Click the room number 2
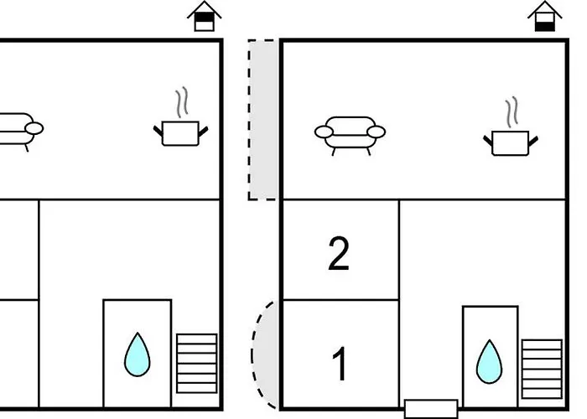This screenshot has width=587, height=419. (x=339, y=253)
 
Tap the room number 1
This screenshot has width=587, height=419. (x=340, y=364)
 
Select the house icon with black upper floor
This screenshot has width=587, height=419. (x=205, y=16)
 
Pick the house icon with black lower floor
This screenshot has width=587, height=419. (x=545, y=16)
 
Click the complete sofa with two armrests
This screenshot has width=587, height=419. (x=350, y=136)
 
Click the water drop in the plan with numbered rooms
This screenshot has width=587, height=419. (x=489, y=362)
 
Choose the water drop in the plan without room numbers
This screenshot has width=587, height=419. (x=137, y=354)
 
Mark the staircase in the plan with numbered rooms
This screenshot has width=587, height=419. (x=542, y=370)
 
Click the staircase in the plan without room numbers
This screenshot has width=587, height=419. (x=196, y=363)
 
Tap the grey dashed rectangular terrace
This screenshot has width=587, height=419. (x=263, y=120)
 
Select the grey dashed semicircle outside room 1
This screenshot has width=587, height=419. (x=265, y=354)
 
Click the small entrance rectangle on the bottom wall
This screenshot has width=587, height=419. (x=431, y=409)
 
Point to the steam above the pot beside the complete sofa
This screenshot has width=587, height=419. (x=512, y=111)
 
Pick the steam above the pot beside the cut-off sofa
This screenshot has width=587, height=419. (x=182, y=102)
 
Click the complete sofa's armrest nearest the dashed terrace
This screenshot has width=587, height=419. (x=324, y=132)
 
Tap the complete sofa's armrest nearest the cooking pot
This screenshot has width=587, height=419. (x=377, y=132)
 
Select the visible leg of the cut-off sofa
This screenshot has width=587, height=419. (x=27, y=148)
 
